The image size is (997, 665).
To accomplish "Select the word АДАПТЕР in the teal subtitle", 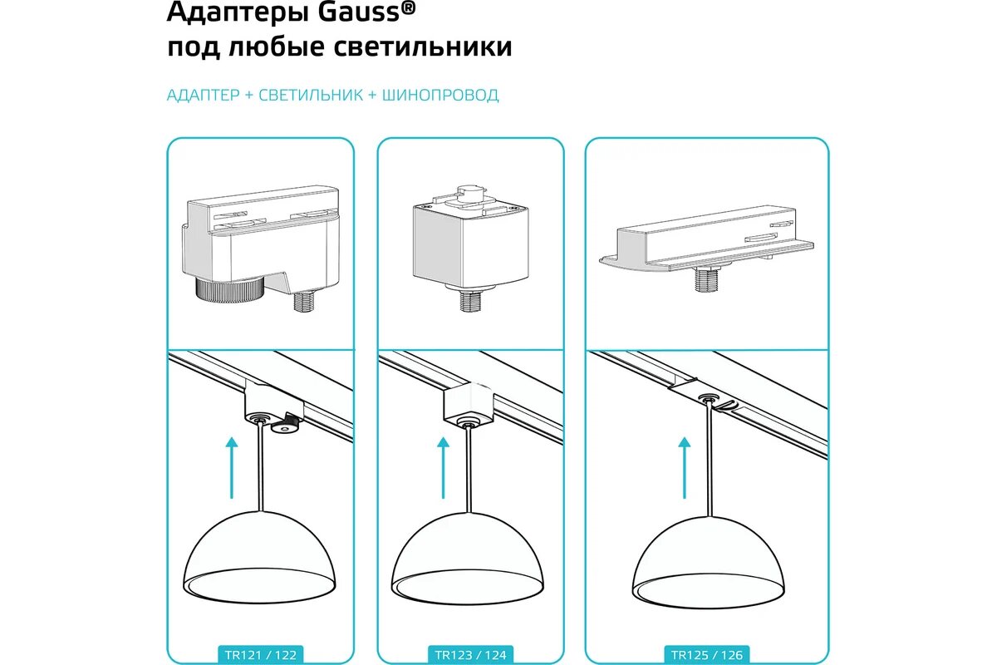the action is click(x=203, y=95).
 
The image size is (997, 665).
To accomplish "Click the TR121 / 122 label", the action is click(x=261, y=655).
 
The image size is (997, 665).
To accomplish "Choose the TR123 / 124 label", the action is click(x=470, y=655).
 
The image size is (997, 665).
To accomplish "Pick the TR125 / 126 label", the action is click(x=708, y=655).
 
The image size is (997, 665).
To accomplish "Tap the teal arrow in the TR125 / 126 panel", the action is click(x=684, y=467).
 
